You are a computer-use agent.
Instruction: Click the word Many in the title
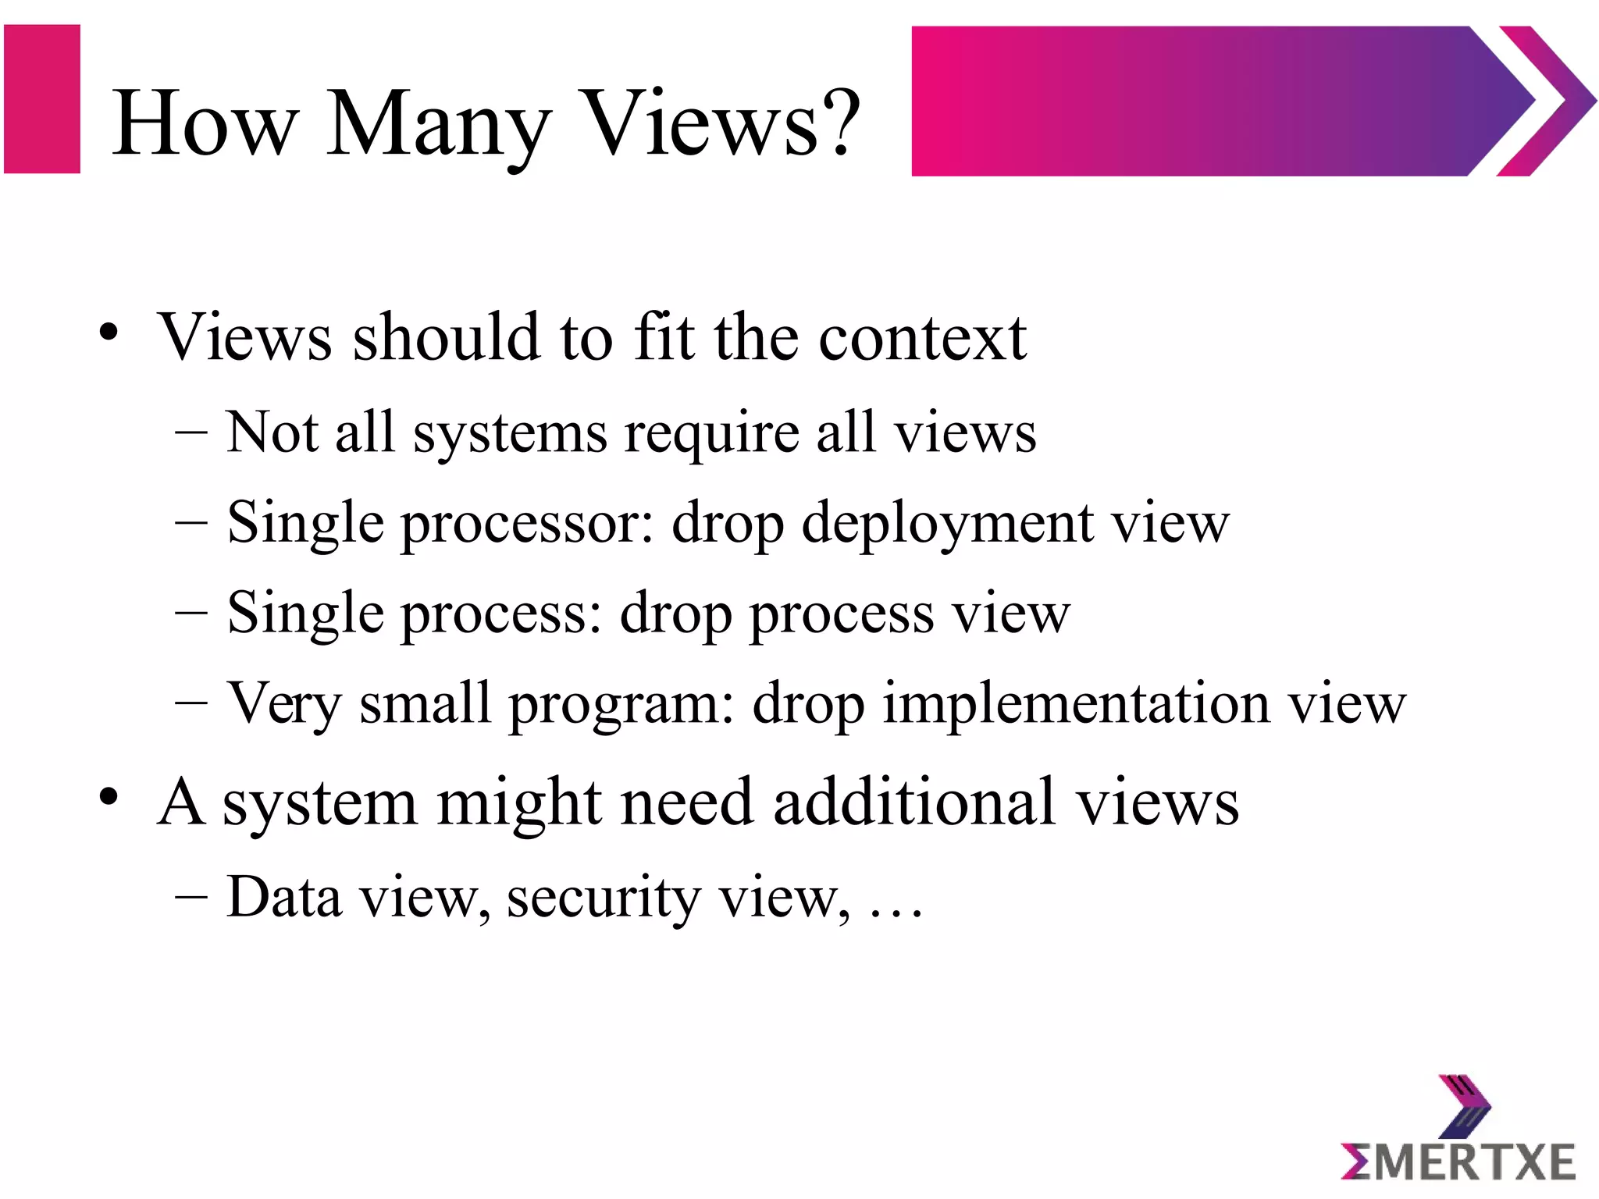[x=437, y=125]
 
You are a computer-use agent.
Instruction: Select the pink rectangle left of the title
[x=42, y=99]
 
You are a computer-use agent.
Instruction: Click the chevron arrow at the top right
[x=1546, y=101]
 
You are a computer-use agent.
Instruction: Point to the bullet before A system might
[x=109, y=798]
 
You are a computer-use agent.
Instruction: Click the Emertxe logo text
[x=1458, y=1162]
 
